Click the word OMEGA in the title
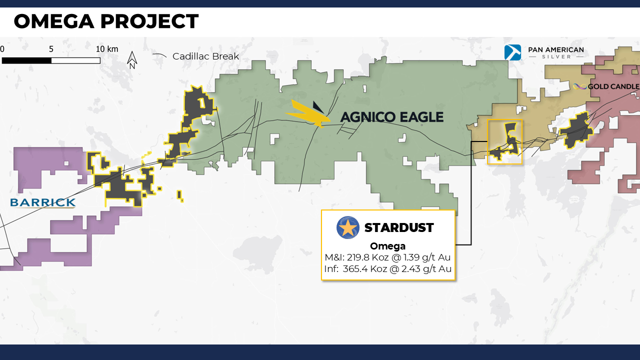[x=54, y=21]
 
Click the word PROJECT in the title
[x=149, y=21]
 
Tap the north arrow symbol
[x=132, y=60]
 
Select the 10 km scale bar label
[x=107, y=49]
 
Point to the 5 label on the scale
[x=51, y=49]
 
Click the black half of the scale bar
[x=26, y=60]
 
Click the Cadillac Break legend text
[x=205, y=56]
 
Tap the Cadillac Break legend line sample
[x=159, y=55]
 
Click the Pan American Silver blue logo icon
[x=512, y=52]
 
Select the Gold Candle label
[x=613, y=86]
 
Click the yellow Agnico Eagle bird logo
[x=308, y=113]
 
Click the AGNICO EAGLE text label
[x=392, y=117]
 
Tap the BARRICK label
[x=43, y=202]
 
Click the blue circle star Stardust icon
[x=347, y=227]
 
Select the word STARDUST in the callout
[x=399, y=227]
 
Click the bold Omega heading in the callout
[x=387, y=246]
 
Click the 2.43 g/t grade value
[x=426, y=269]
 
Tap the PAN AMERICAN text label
[x=556, y=49]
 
